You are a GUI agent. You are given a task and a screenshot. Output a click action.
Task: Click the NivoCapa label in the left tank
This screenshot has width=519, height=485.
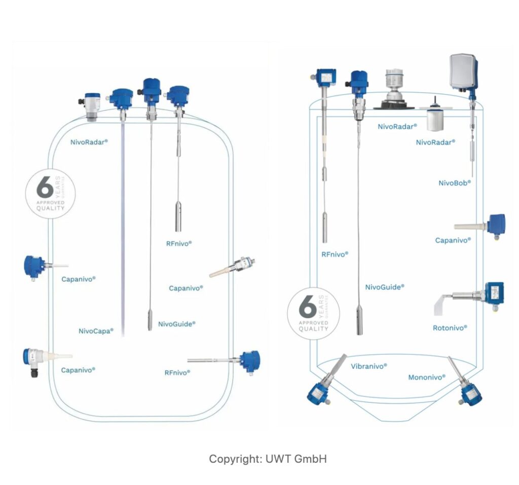(96, 331)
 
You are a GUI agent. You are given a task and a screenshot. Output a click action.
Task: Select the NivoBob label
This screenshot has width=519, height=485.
(455, 183)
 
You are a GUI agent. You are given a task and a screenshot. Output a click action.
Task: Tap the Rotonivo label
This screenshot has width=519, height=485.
(450, 328)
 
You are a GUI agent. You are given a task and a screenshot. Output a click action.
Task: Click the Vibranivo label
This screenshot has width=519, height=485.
(369, 366)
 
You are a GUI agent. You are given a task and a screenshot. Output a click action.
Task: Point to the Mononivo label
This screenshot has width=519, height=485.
(427, 378)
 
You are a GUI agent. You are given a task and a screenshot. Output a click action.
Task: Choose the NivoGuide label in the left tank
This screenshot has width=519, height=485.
(176, 324)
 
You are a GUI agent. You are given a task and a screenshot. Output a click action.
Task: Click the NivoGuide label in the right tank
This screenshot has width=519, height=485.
(385, 287)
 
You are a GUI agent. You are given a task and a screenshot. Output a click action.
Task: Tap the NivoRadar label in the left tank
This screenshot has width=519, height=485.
(90, 142)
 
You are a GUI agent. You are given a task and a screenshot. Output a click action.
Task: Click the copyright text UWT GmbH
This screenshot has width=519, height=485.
(268, 459)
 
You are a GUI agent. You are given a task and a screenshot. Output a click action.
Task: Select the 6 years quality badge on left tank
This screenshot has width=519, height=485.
(50, 193)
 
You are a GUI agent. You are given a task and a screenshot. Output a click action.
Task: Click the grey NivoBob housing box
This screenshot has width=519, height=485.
(463, 70)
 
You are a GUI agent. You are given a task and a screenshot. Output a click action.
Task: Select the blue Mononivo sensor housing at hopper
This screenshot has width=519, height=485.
(472, 393)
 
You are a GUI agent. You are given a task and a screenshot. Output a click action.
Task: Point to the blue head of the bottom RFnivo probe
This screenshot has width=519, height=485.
(249, 361)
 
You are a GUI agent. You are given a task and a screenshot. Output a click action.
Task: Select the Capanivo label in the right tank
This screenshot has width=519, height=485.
(453, 240)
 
